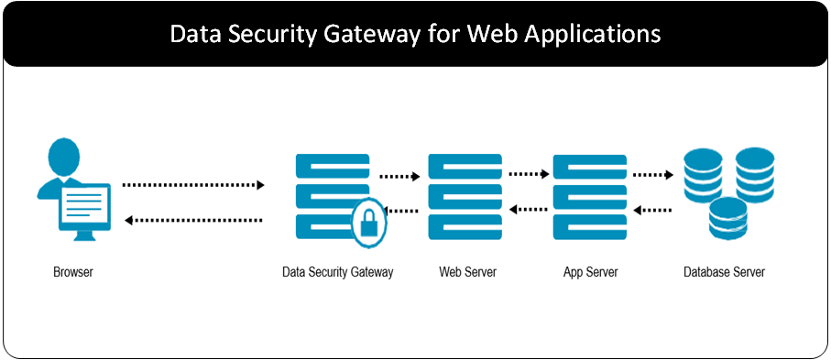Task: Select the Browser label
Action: pyautogui.click(x=73, y=272)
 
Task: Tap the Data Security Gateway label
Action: pyautogui.click(x=337, y=272)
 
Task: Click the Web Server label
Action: pyautogui.click(x=467, y=272)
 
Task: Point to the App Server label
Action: pyautogui.click(x=591, y=272)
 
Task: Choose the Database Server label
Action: pyautogui.click(x=724, y=272)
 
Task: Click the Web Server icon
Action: pyautogui.click(x=465, y=198)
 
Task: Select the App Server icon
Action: pyautogui.click(x=590, y=198)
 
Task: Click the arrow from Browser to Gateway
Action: pyautogui.click(x=193, y=185)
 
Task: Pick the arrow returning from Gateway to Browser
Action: pyautogui.click(x=193, y=220)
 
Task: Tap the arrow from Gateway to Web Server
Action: pyautogui.click(x=399, y=176)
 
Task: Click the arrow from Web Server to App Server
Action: pyautogui.click(x=529, y=173)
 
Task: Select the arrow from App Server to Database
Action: pyautogui.click(x=653, y=173)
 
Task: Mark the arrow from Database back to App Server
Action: pyautogui.click(x=653, y=211)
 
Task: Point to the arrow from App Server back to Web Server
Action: pyautogui.click(x=529, y=211)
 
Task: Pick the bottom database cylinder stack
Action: pyautogui.click(x=727, y=220)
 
